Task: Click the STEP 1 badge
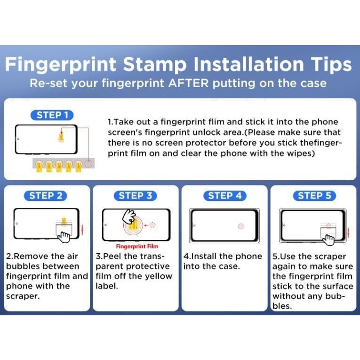point(52,115)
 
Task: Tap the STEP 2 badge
point(45,196)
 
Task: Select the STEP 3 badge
point(135,196)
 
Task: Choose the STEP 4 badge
point(225,196)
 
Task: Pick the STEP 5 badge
point(314,196)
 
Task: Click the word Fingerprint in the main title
point(61,65)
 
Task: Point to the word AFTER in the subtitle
point(188,83)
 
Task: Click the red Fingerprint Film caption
point(137,246)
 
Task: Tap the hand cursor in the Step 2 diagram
point(64,237)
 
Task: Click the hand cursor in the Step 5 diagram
point(328,240)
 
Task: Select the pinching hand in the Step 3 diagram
point(129,216)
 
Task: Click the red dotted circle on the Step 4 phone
point(241,226)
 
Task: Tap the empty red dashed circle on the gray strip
point(88,164)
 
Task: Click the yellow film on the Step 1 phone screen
point(61,137)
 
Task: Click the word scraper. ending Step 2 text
point(23,296)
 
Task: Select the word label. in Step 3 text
point(107,286)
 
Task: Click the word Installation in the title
point(249,64)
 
